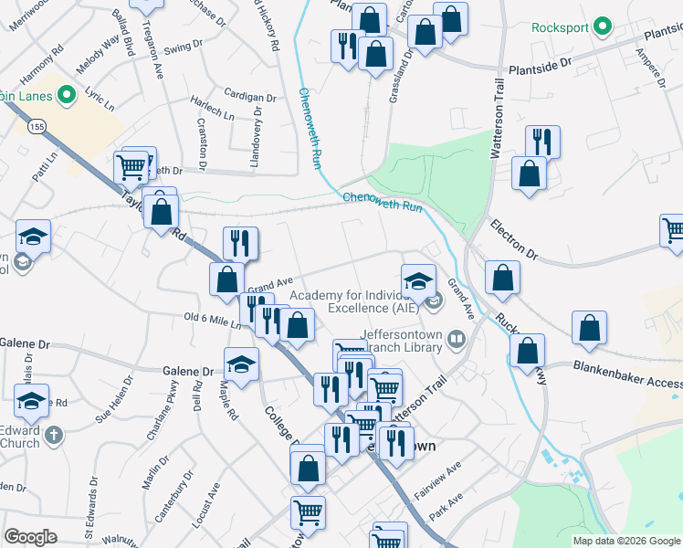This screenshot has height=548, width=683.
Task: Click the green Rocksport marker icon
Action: [x=602, y=26]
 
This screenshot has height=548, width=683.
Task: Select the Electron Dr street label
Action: [x=515, y=236]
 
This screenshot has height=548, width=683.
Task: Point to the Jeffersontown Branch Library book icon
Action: [x=457, y=341]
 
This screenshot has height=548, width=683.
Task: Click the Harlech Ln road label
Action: [x=213, y=108]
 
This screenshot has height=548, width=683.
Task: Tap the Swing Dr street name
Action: [x=184, y=46]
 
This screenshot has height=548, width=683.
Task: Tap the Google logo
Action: [x=30, y=537]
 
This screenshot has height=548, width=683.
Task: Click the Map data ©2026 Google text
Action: [x=626, y=541]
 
